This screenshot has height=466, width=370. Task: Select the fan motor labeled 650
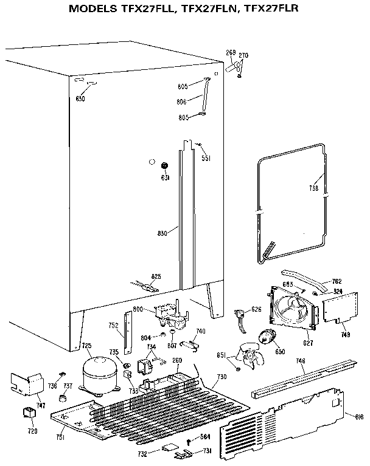pyautogui.click(x=268, y=338)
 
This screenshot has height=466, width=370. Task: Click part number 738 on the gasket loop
pyautogui.click(x=314, y=188)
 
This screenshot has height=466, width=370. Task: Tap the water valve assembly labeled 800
pyautogui.click(x=171, y=315)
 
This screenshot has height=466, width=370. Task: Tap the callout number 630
pyautogui.click(x=80, y=98)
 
